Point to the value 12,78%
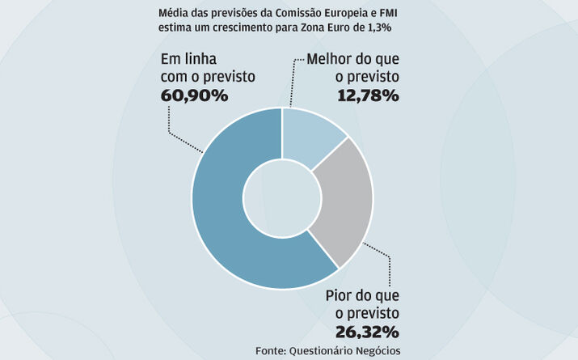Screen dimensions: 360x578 pos(367,96)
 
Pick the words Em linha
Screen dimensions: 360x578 pos(188,60)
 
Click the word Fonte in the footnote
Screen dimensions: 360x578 pos(272,349)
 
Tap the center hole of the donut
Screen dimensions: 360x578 pos(283,198)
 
